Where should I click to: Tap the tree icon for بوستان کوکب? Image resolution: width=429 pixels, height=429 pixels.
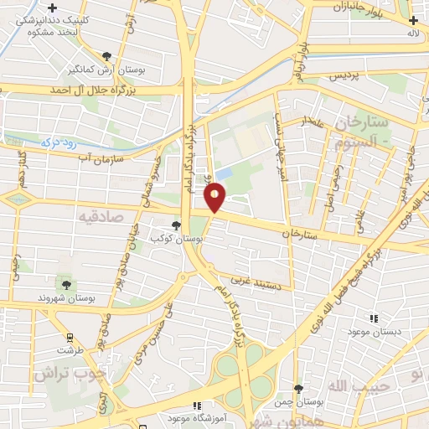176,225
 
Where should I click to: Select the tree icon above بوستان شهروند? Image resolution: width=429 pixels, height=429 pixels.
66,285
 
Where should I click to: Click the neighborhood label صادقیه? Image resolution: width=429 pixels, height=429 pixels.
101,216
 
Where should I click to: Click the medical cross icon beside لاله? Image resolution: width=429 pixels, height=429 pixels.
412,21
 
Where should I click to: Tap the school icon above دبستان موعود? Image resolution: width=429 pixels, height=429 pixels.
374,318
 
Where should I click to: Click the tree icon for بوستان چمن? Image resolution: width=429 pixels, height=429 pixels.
299,388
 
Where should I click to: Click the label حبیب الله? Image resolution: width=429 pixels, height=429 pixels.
348,385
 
